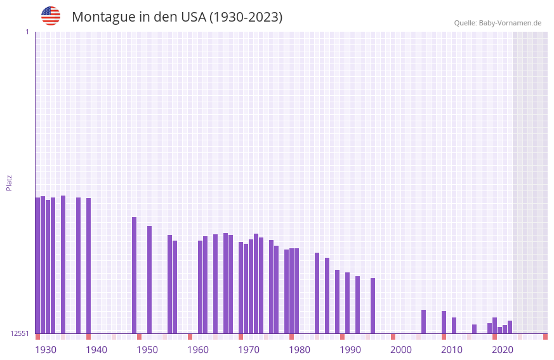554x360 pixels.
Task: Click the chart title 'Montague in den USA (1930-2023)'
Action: (x=177, y=17)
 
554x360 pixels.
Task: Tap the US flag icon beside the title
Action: (x=51, y=16)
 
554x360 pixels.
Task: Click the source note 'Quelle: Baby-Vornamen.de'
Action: (x=498, y=23)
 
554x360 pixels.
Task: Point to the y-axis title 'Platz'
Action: (x=9, y=182)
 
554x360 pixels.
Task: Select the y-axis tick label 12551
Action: (x=20, y=333)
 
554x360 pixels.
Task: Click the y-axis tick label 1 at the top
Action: (x=27, y=32)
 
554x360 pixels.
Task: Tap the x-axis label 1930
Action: (x=46, y=350)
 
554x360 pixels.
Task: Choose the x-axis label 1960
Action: (x=198, y=350)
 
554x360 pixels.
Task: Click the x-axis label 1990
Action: (x=350, y=350)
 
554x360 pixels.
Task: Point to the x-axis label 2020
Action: (x=503, y=350)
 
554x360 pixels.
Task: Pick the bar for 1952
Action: (x=150, y=279)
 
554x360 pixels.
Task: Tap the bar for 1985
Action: (x=317, y=293)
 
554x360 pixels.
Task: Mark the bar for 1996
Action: (x=373, y=305)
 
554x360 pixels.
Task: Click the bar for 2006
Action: (x=424, y=321)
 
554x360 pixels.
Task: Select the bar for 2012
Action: (x=454, y=325)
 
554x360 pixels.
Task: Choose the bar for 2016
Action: (x=475, y=329)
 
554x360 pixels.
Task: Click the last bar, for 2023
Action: (x=510, y=327)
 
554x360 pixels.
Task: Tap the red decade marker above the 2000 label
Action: (x=393, y=337)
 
